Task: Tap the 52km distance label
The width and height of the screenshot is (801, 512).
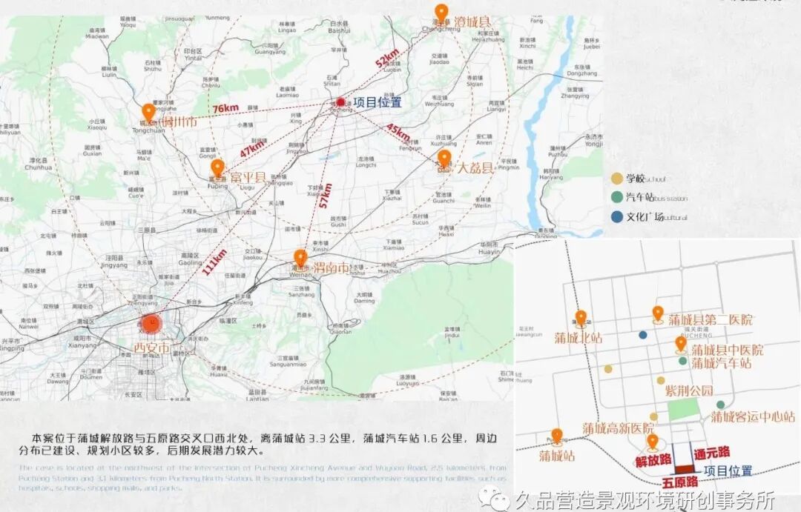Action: coord(387,59)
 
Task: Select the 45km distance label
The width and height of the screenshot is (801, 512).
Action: coord(398,134)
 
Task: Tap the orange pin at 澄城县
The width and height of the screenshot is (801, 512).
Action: coord(441,13)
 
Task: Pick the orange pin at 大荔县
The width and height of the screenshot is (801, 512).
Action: coord(444,159)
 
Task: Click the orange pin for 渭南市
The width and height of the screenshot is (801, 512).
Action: coord(300,258)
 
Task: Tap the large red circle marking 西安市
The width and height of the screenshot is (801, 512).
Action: coord(151,324)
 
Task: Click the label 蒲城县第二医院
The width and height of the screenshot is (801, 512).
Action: coord(710,320)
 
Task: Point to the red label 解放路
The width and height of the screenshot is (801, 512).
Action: coord(653,461)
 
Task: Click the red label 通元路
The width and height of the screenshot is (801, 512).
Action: coord(712,451)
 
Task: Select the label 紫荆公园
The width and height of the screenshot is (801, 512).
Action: coord(688,390)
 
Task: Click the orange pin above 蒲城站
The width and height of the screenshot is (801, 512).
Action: coord(556,436)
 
